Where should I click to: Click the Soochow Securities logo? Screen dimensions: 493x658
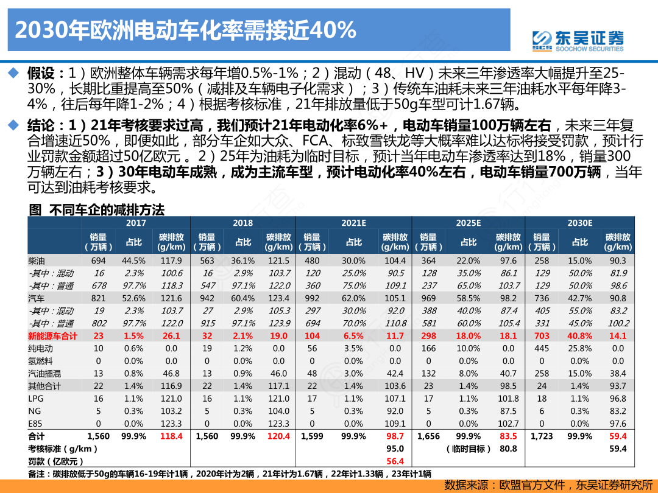[x=578, y=40]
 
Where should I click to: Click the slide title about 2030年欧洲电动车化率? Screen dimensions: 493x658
[x=185, y=29]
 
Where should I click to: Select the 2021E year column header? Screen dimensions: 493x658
[x=353, y=223]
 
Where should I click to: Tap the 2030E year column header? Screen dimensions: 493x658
[x=579, y=223]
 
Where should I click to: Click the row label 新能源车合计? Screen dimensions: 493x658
[x=53, y=336]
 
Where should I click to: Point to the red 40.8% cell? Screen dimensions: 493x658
[x=579, y=336]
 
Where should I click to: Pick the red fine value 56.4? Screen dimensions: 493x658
[x=395, y=461]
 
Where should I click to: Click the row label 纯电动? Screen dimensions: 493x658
[x=41, y=349]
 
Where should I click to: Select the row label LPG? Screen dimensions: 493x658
[x=37, y=399]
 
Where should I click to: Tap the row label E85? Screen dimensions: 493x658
[x=36, y=424]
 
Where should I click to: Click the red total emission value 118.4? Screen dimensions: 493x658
[x=171, y=436]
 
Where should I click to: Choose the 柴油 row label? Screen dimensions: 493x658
[x=37, y=260]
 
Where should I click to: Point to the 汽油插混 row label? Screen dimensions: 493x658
[x=45, y=374]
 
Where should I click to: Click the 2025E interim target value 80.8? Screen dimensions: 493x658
[x=508, y=449]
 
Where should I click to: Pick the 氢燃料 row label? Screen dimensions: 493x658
[x=41, y=361]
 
